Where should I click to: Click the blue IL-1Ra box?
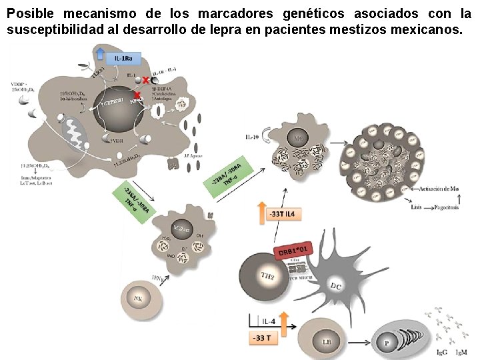click(123, 58)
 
